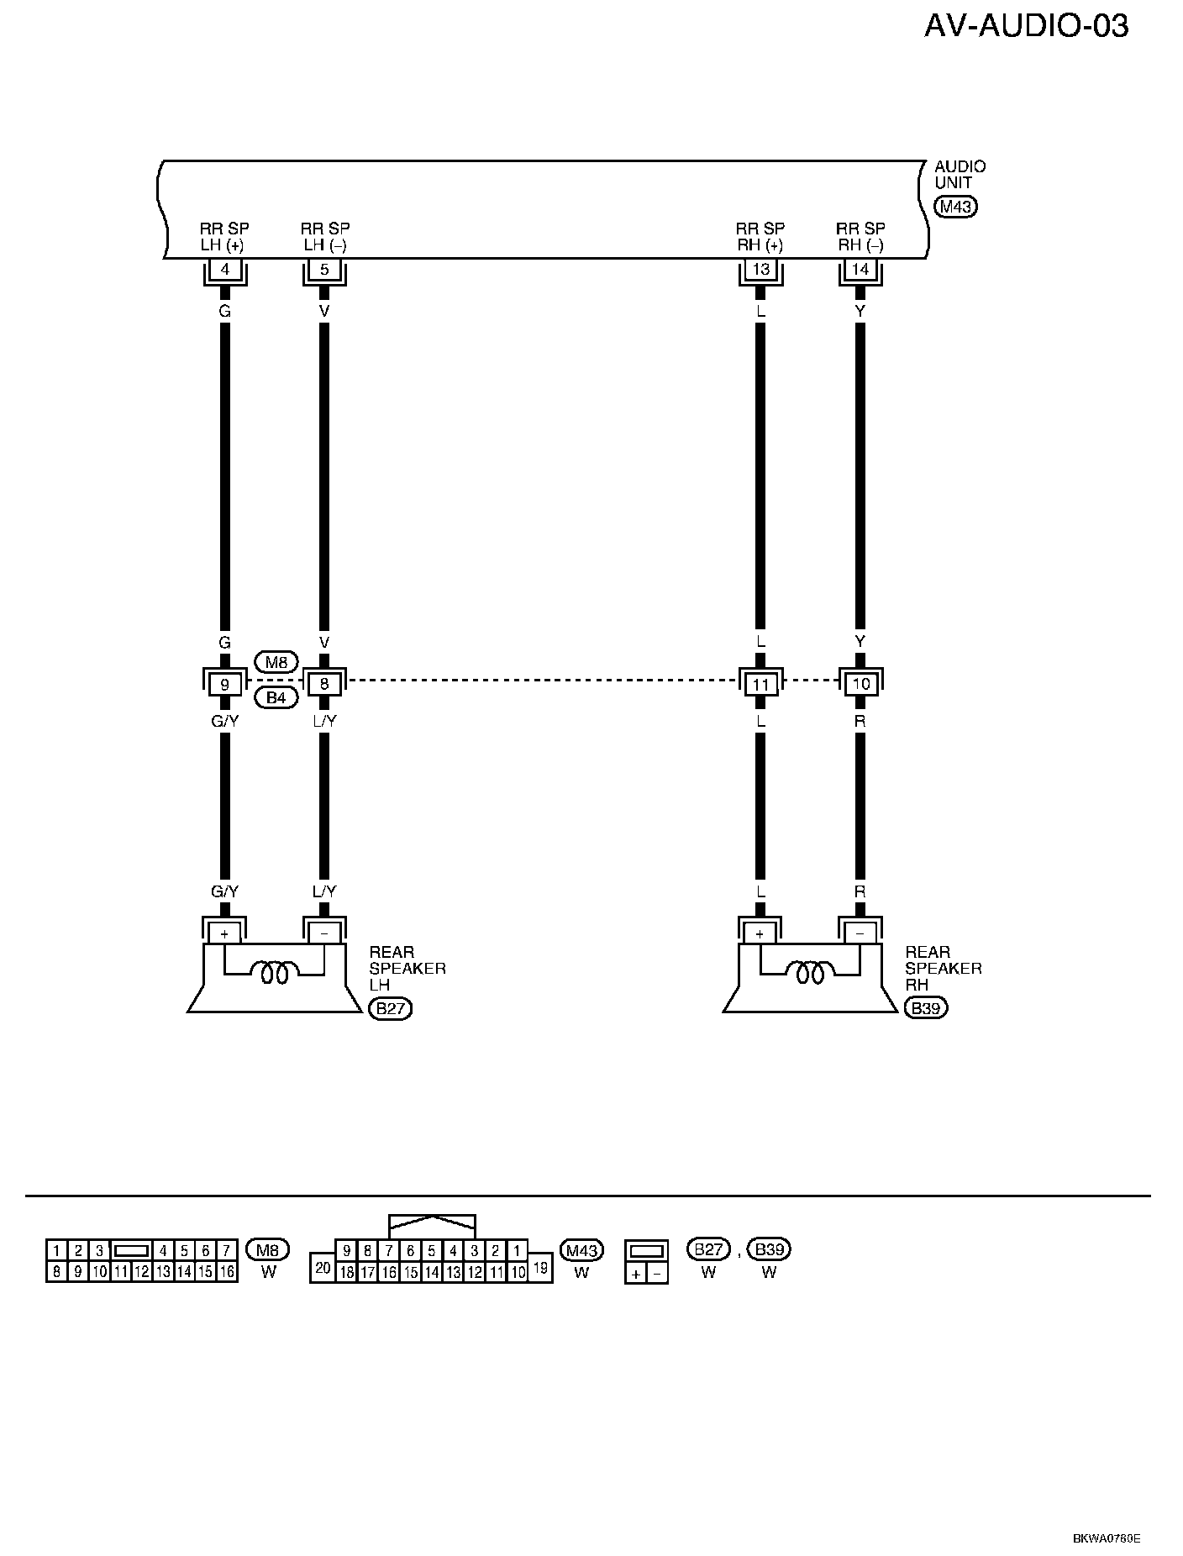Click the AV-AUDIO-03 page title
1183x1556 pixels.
click(1026, 27)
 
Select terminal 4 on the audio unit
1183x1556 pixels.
click(224, 270)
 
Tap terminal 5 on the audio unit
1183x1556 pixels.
click(324, 270)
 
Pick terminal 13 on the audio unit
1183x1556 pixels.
click(760, 270)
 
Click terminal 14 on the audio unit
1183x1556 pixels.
click(860, 270)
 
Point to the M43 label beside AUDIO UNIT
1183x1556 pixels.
click(956, 207)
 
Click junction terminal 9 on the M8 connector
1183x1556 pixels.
click(224, 684)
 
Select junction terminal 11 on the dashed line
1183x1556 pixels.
click(760, 684)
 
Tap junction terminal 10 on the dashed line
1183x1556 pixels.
click(860, 684)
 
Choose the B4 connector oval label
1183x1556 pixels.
click(276, 697)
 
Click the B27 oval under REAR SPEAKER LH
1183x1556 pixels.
click(391, 1008)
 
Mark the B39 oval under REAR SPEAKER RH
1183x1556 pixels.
click(926, 1008)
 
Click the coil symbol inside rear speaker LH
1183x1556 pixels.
click(275, 974)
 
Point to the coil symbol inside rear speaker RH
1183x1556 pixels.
click(810, 974)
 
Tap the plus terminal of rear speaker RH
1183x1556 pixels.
click(760, 933)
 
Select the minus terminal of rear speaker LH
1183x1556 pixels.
click(324, 933)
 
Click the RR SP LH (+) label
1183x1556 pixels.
click(224, 236)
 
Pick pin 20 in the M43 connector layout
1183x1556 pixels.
click(323, 1268)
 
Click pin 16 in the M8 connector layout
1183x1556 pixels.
click(227, 1272)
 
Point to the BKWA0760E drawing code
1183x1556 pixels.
click(1106, 1539)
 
